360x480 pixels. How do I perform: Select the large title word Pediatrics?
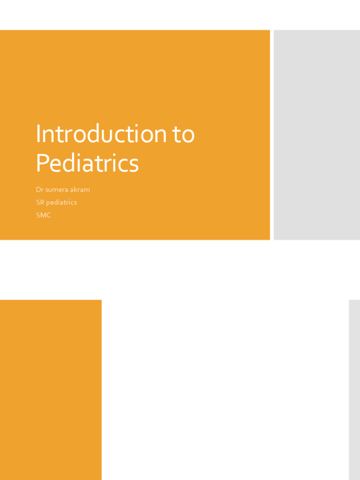[87, 163]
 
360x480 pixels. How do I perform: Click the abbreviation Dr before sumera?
[39, 190]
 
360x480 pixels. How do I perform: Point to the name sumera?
[57, 190]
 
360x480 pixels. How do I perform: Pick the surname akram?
[80, 190]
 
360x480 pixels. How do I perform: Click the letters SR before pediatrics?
[40, 202]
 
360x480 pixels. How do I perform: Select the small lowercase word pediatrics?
[61, 202]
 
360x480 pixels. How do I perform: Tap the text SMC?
[43, 215]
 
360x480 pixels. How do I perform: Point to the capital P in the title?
[42, 163]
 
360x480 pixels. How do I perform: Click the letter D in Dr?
[38, 190]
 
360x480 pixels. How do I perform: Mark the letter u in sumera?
[51, 190]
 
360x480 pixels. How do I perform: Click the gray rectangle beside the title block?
[316, 135]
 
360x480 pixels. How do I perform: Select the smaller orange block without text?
[51, 390]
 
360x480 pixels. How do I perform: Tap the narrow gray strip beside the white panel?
[354, 390]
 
